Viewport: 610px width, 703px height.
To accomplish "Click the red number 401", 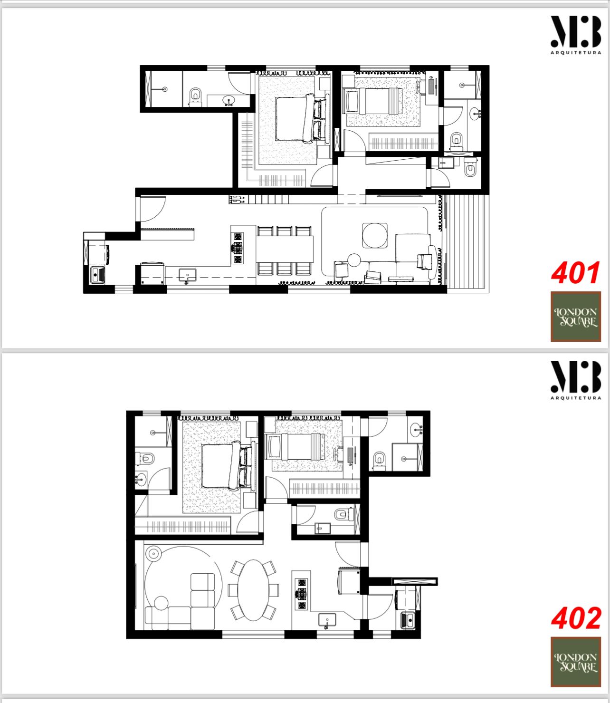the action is [576, 273].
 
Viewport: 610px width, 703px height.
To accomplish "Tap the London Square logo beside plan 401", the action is [576, 317].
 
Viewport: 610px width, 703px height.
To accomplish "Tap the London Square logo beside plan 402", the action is [576, 662].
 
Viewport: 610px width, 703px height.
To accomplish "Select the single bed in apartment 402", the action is [296, 447].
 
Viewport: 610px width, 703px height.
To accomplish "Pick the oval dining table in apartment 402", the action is [254, 590].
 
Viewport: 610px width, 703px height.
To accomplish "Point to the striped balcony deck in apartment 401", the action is [467, 243].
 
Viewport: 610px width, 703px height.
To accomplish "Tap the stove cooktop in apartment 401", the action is [238, 248].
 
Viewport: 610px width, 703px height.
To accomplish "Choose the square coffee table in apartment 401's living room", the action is [375, 235].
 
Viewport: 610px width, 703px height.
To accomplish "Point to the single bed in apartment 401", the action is [372, 101].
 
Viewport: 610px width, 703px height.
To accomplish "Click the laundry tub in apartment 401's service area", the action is [97, 275].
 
